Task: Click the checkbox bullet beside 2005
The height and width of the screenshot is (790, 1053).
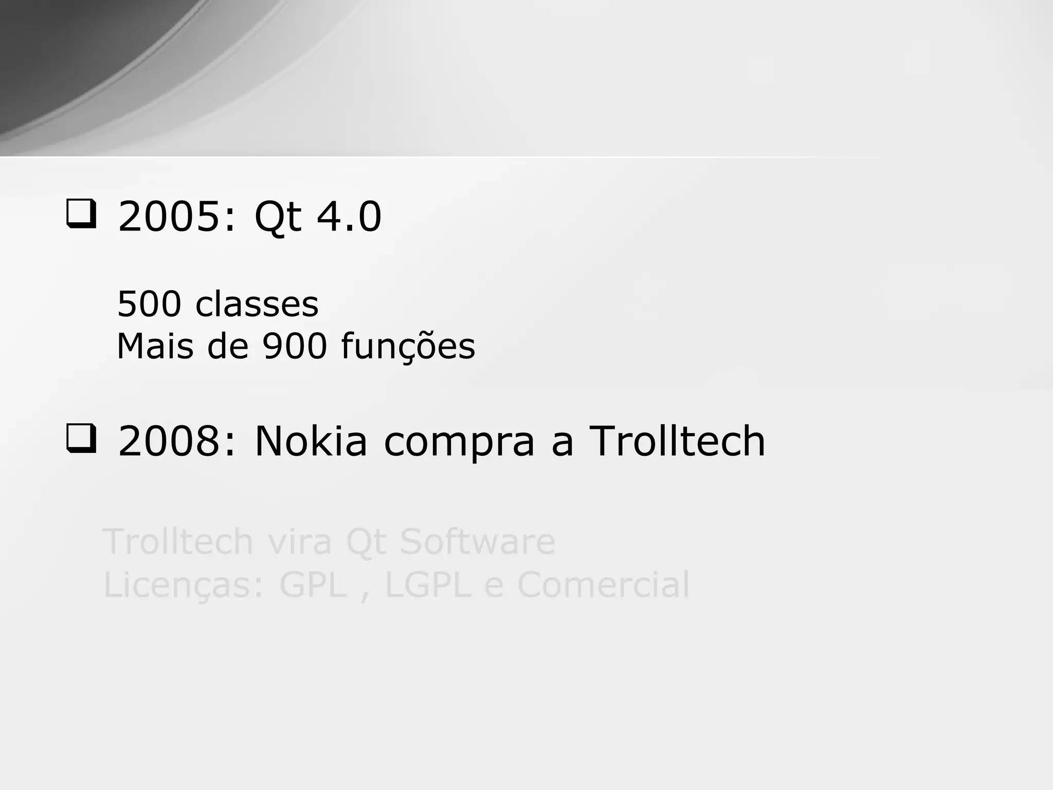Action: tap(81, 215)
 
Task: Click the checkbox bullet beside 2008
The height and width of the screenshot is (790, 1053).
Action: tap(81, 439)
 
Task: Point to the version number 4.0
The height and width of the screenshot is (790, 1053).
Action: tap(349, 217)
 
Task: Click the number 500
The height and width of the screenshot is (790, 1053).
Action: tap(149, 304)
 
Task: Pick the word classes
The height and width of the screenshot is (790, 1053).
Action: tap(257, 304)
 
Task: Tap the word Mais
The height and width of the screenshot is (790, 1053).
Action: tap(155, 346)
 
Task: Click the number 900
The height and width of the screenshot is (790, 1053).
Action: tap(295, 346)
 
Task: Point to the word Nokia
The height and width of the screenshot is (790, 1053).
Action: tap(311, 441)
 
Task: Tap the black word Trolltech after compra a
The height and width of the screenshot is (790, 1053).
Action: tap(677, 441)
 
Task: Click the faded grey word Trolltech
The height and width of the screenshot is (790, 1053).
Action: tap(178, 542)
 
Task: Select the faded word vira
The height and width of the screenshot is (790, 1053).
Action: tap(299, 542)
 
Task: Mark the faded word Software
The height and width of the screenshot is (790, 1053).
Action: tap(478, 542)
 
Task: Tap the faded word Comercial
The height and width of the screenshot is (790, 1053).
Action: tap(603, 585)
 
